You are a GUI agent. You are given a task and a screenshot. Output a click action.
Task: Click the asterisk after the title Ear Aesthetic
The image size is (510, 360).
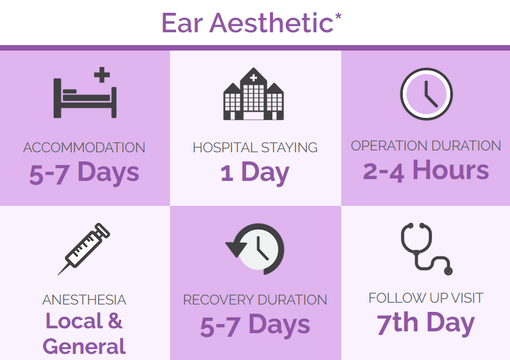pyautogui.click(x=338, y=16)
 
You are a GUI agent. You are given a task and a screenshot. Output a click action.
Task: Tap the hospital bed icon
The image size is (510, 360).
pyautogui.click(x=85, y=97)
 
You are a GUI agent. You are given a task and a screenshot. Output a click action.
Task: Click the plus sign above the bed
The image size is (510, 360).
pyautogui.click(x=102, y=75)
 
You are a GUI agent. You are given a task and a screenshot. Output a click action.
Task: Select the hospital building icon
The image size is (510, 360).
pyautogui.click(x=253, y=94)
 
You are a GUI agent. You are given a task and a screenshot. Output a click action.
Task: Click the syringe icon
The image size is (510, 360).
pyautogui.click(x=84, y=249)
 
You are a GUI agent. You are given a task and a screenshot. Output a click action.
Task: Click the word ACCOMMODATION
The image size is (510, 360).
pyautogui.click(x=84, y=147)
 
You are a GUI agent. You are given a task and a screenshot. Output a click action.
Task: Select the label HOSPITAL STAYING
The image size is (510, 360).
pyautogui.click(x=255, y=147)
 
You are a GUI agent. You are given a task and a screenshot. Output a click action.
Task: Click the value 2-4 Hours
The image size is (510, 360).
pyautogui.click(x=426, y=171)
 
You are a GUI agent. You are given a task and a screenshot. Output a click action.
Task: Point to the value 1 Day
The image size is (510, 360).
pyautogui.click(x=255, y=172)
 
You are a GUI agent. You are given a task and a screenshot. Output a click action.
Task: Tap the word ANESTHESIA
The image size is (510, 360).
pyautogui.click(x=84, y=300)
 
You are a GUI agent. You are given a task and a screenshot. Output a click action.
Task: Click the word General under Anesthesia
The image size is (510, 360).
pyautogui.click(x=84, y=347)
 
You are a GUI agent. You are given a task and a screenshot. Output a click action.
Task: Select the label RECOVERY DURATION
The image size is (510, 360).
pyautogui.click(x=255, y=300)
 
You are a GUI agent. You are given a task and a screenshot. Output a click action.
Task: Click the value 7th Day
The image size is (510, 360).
pyautogui.click(x=426, y=323)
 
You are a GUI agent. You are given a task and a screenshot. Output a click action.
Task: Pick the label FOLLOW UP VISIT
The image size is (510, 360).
pyautogui.click(x=426, y=298)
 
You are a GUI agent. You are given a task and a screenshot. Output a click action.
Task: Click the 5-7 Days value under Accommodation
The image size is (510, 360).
pyautogui.click(x=84, y=172)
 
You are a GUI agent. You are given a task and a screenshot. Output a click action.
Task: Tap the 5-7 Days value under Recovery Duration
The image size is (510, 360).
pyautogui.click(x=255, y=325)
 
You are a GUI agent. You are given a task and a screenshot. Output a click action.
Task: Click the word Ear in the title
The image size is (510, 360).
pyautogui.click(x=182, y=23)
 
